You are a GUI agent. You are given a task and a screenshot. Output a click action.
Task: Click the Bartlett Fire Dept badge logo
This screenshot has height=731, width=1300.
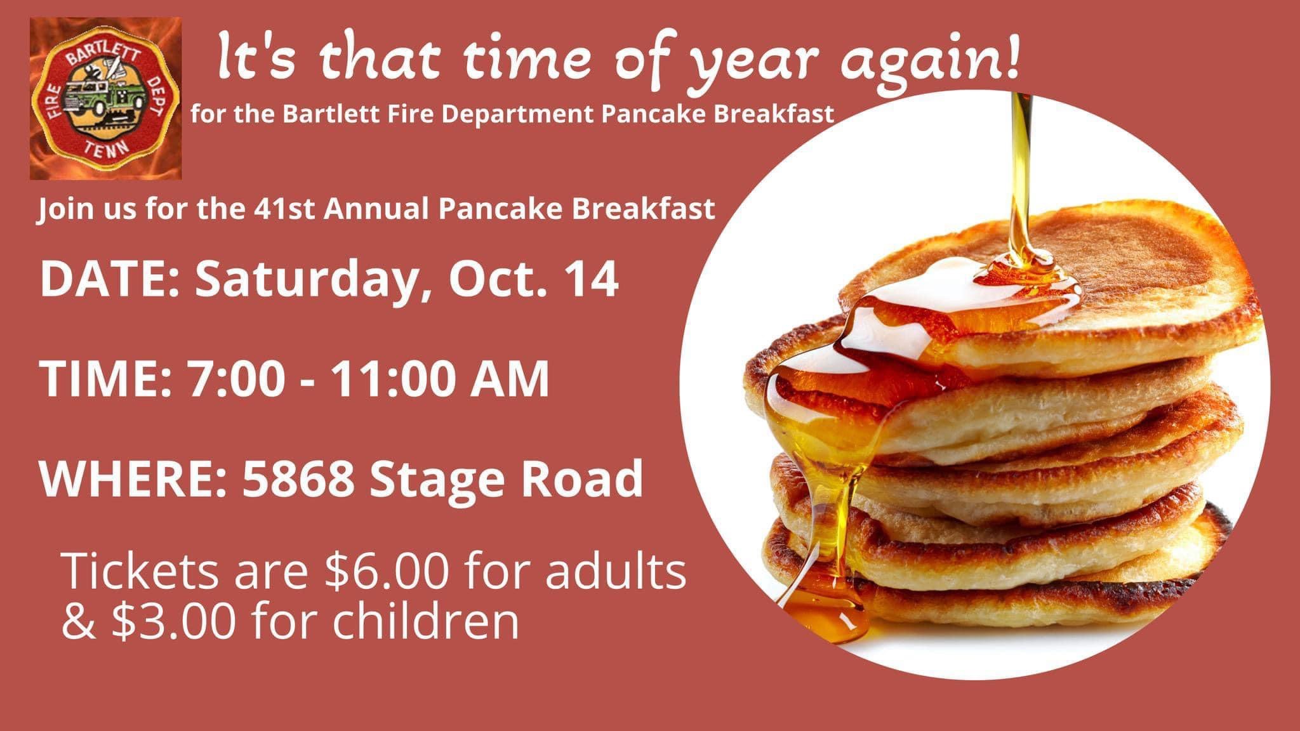pyautogui.click(x=105, y=98)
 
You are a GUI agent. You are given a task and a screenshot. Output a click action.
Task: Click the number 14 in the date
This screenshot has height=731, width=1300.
pyautogui.click(x=594, y=280)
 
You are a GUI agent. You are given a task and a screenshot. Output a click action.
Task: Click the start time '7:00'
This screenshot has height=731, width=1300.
pyautogui.click(x=234, y=379)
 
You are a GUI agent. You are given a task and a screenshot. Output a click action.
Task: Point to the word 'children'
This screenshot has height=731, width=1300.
pyautogui.click(x=425, y=622)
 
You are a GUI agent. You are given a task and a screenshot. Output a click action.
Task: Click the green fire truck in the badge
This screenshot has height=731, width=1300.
pyautogui.click(x=105, y=102)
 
